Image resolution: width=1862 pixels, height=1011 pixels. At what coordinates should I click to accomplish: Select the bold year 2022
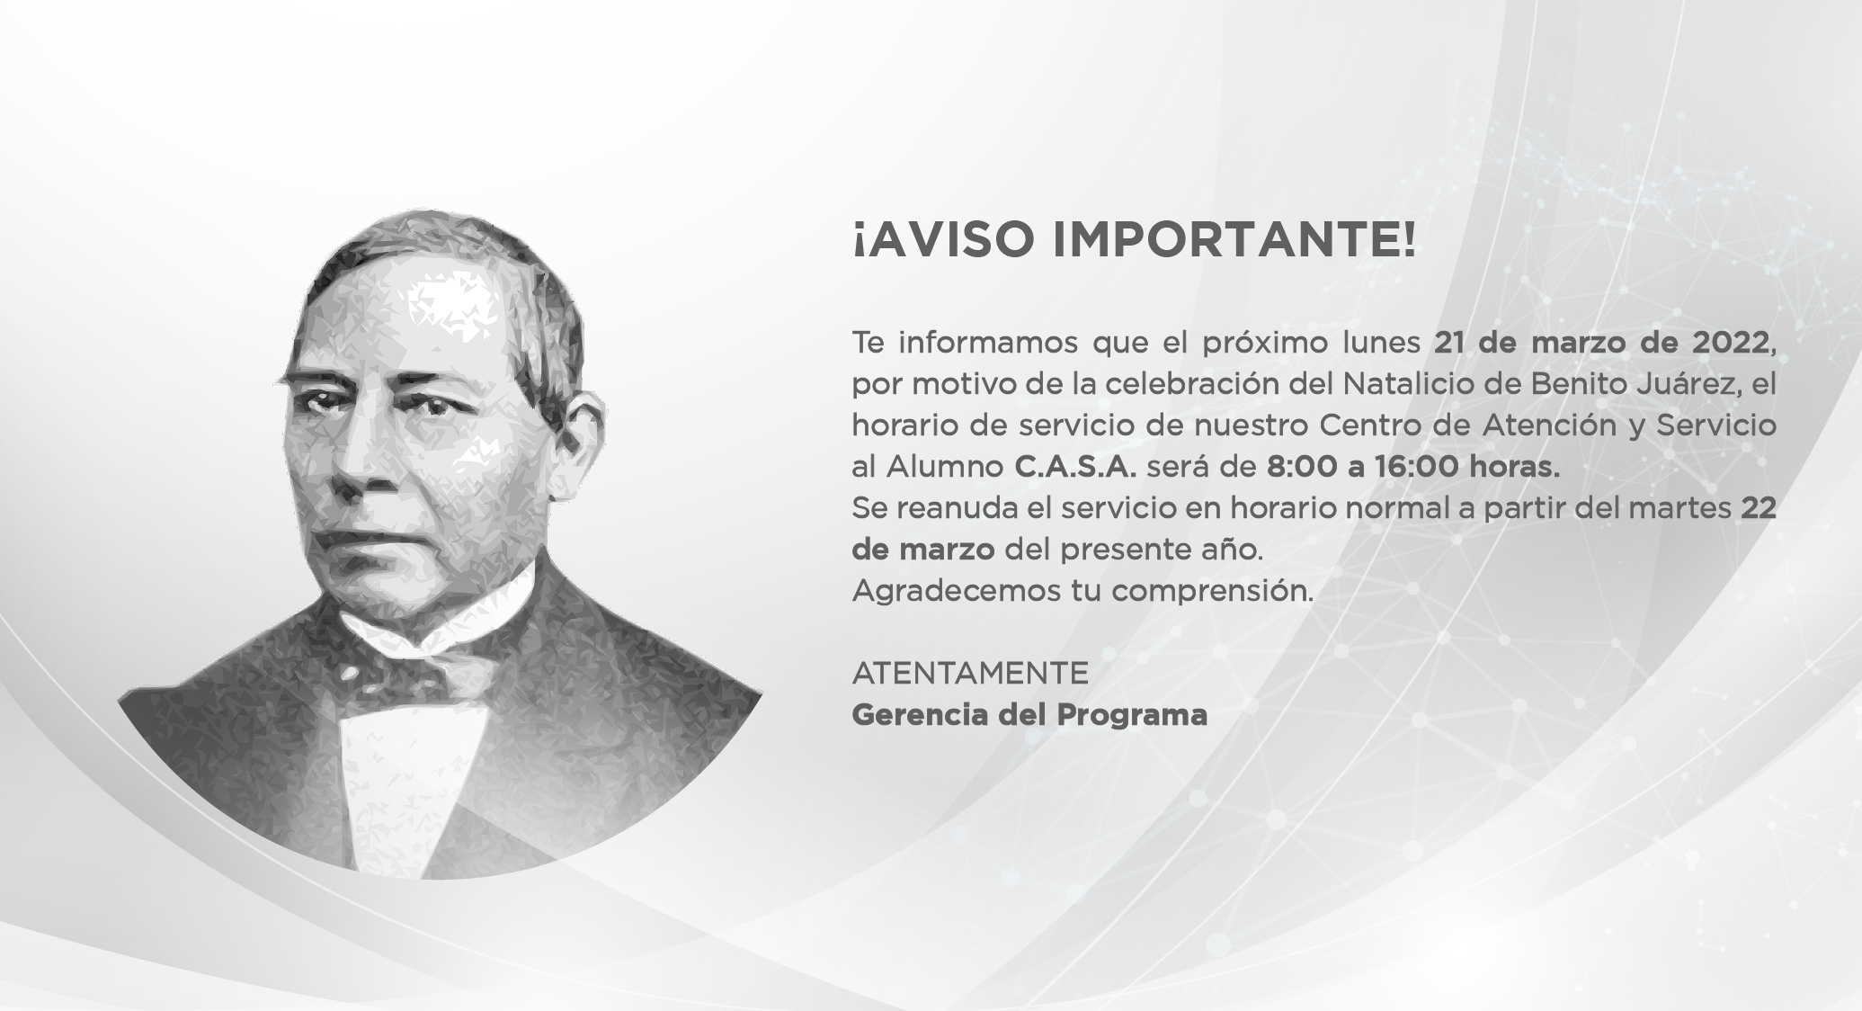click(1730, 343)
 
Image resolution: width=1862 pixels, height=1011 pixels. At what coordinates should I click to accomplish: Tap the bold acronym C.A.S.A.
click(1075, 467)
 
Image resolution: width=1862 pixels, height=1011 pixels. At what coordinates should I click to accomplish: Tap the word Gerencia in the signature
click(920, 715)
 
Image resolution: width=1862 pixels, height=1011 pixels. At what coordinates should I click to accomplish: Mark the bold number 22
click(1759, 508)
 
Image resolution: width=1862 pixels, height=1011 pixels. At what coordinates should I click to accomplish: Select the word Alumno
click(945, 467)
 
